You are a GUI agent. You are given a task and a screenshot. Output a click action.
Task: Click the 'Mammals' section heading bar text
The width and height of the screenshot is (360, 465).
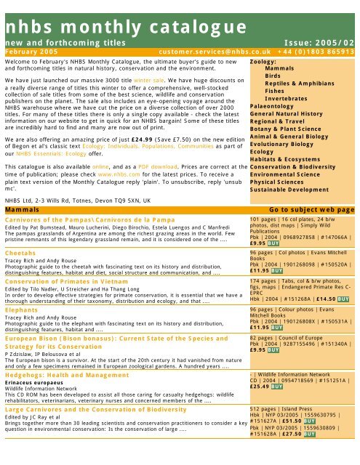click(23, 207)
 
